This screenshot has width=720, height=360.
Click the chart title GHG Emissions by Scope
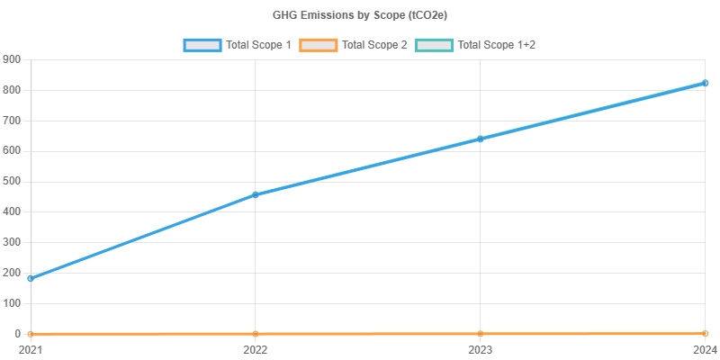tap(360, 15)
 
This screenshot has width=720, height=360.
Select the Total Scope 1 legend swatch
tap(202, 44)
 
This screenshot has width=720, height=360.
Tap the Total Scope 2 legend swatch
tap(318, 44)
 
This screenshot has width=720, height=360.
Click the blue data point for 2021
tap(31, 278)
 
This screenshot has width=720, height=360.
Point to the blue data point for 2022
tap(256, 194)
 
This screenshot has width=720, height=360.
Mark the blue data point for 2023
tap(481, 139)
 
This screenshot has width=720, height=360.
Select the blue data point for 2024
tap(705, 83)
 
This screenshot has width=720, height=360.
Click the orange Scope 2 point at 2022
tap(256, 334)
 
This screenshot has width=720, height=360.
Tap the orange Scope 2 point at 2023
tap(481, 334)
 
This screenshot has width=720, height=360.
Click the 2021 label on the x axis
tap(31, 348)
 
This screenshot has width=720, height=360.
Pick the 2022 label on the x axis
tap(256, 348)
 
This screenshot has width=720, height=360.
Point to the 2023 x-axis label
tap(481, 348)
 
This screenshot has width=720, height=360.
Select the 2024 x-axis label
tap(705, 348)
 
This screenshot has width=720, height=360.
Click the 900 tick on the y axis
tap(13, 59)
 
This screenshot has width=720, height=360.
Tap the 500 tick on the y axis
tap(13, 181)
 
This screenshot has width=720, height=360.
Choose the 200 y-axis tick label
tap(13, 273)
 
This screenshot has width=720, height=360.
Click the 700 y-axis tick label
tap(13, 121)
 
